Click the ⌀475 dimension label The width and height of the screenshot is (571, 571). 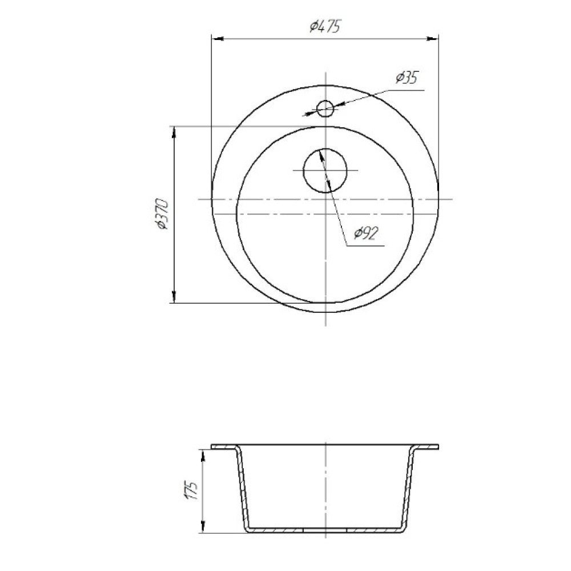(x=325, y=26)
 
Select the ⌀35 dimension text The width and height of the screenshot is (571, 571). (x=407, y=78)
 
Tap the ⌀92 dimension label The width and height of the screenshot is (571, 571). (x=365, y=234)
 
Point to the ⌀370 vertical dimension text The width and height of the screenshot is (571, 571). (x=162, y=214)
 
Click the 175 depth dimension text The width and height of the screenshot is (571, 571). (x=191, y=490)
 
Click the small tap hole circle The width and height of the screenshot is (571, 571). (x=325, y=108)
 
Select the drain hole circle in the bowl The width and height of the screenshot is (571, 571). (x=325, y=170)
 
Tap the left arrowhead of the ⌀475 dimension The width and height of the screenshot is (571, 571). (x=218, y=38)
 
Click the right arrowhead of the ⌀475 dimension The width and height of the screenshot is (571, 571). (x=433, y=38)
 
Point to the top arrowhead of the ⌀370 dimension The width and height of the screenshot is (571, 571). (x=174, y=132)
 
